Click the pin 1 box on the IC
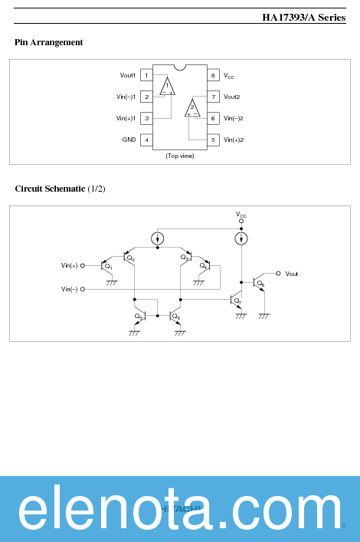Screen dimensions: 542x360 click(x=146, y=75)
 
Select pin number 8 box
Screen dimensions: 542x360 click(x=213, y=75)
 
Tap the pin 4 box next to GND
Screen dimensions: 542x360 click(x=146, y=140)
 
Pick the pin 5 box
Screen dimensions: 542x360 click(x=213, y=140)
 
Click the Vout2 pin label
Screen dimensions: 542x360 click(x=232, y=97)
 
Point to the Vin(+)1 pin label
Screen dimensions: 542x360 click(x=126, y=118)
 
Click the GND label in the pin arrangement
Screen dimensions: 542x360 click(x=129, y=140)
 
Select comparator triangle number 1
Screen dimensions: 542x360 click(x=167, y=86)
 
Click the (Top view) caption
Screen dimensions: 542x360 click(x=180, y=156)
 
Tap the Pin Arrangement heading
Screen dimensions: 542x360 click(x=49, y=42)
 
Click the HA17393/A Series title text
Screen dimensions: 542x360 click(x=303, y=17)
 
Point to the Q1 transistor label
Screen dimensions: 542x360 click(x=109, y=268)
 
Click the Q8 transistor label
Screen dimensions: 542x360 click(x=260, y=284)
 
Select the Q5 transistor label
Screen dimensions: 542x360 click(x=139, y=316)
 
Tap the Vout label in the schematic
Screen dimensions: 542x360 click(x=292, y=274)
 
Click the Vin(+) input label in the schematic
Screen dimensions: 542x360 click(x=70, y=265)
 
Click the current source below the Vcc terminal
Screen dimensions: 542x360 click(x=241, y=239)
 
